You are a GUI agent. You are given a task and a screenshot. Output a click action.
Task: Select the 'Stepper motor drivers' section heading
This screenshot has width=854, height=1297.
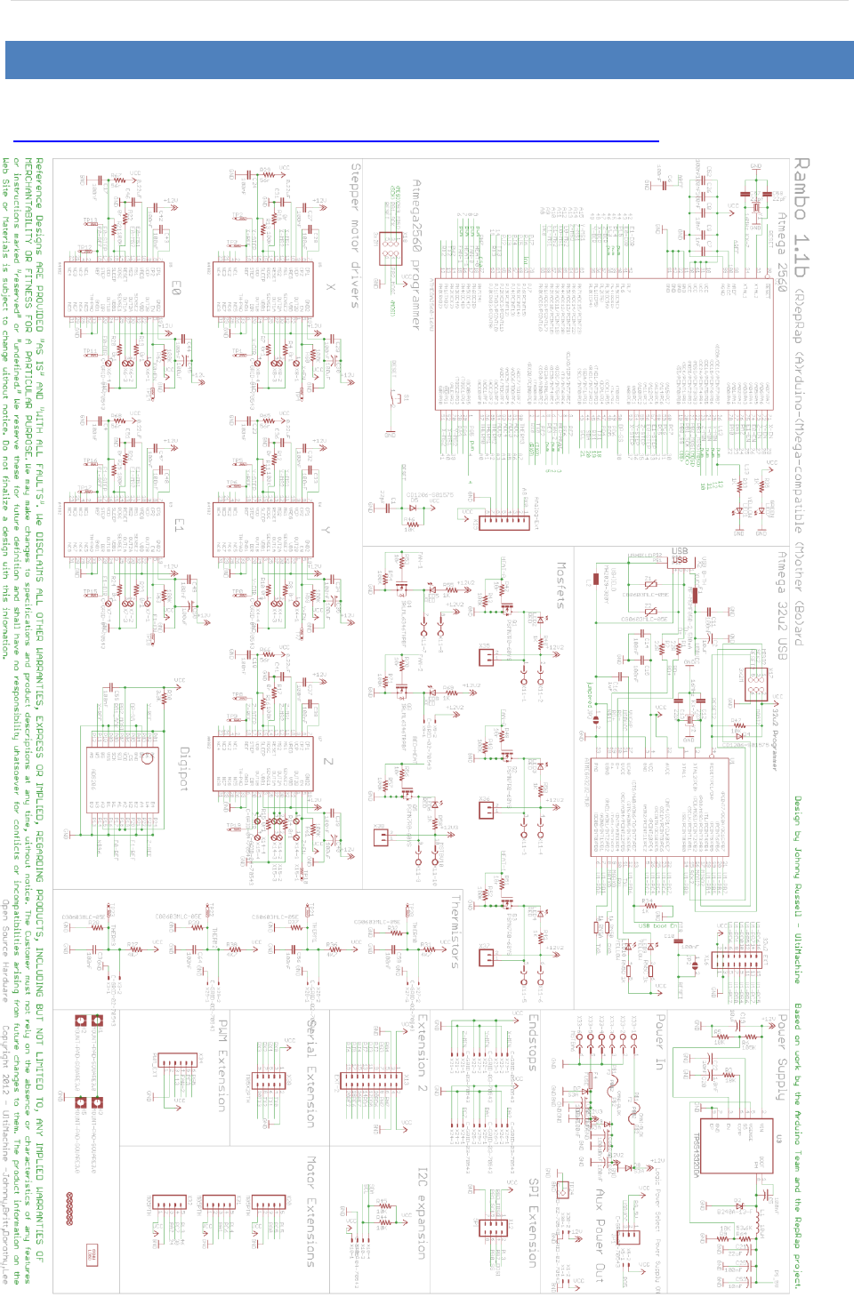355,235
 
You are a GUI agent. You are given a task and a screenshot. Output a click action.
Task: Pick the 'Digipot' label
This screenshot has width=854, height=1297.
184,769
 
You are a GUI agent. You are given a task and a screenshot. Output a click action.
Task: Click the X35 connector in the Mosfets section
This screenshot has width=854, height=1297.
486,657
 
